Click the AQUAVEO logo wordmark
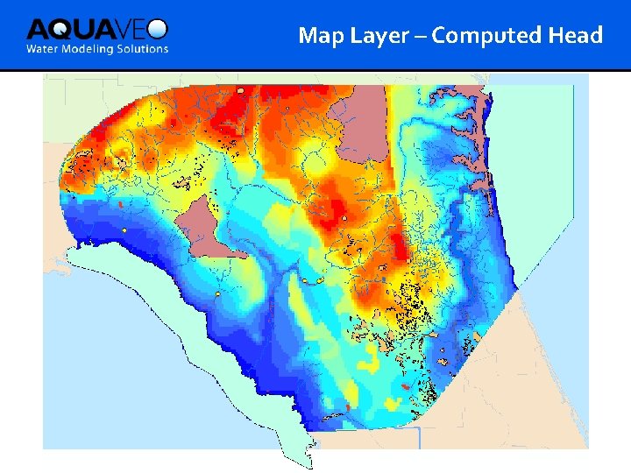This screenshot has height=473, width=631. click(x=96, y=29)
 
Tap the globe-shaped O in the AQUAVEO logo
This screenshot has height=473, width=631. click(x=158, y=29)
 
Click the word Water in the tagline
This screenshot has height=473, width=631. click(x=44, y=49)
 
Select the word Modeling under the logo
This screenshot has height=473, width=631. click(x=91, y=49)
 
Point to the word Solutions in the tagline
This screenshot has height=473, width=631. click(x=143, y=49)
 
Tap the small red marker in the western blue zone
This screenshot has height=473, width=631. click(x=118, y=204)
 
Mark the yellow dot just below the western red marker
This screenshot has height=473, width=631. click(x=124, y=230)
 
